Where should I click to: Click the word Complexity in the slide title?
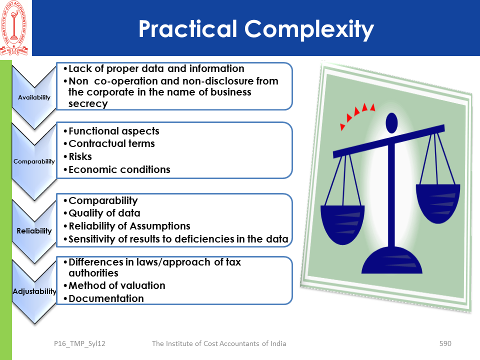309,29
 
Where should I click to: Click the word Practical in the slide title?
187,29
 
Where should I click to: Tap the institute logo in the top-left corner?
14,28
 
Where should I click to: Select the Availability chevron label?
34,97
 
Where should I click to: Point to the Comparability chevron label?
34,161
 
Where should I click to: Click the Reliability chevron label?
34,231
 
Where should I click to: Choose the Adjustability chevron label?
34,291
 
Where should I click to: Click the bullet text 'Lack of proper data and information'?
156,68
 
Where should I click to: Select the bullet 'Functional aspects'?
114,131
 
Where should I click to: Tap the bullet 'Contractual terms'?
111,143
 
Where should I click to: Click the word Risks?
80,156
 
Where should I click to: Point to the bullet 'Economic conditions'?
119,169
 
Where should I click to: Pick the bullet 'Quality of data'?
104,213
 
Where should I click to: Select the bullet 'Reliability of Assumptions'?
129,226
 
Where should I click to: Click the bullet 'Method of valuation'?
117,285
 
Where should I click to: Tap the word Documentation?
106,298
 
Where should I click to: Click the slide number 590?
445,343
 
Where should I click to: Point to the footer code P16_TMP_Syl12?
79,344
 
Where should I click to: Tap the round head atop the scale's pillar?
392,123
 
